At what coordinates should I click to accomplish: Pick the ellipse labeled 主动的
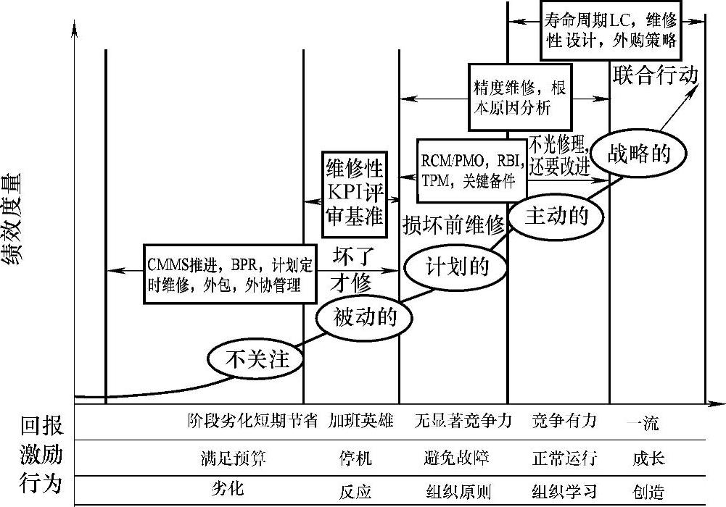click(x=556, y=215)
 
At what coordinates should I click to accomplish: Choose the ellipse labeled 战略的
click(x=638, y=154)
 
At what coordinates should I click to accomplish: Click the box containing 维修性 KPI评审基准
click(x=353, y=193)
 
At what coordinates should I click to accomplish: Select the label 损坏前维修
click(x=453, y=225)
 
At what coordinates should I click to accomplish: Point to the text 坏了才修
click(x=352, y=269)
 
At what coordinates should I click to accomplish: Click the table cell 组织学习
click(x=564, y=493)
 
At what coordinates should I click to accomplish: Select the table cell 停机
click(x=355, y=458)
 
